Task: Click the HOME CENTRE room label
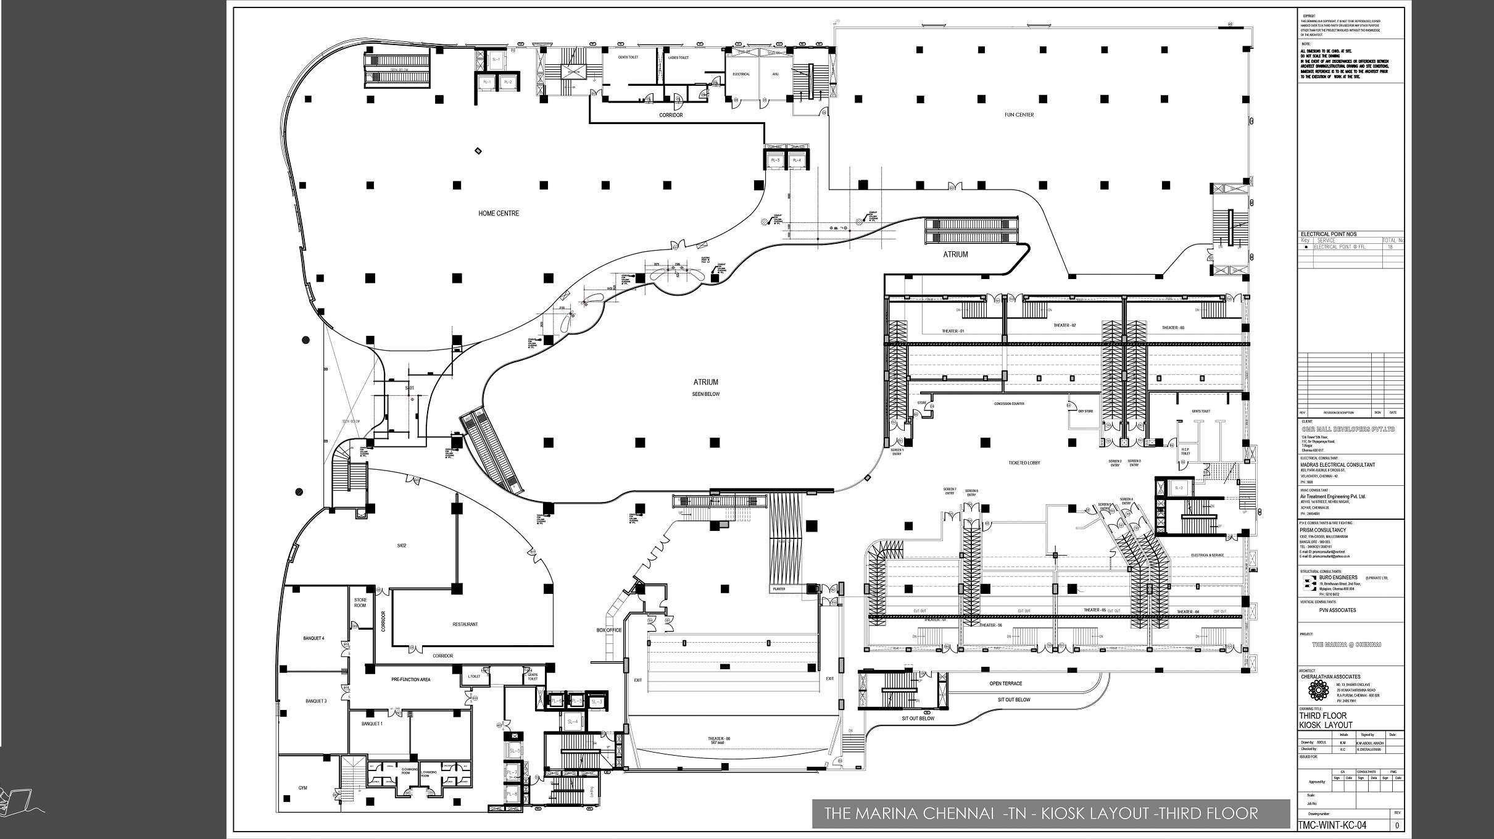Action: tap(499, 214)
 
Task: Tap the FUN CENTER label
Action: tap(1019, 115)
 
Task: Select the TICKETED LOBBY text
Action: tap(1024, 462)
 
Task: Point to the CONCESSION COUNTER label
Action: tap(1009, 404)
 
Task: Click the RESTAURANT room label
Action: tap(465, 624)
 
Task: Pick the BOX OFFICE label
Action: tap(609, 630)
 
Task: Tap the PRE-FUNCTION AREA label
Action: tap(410, 680)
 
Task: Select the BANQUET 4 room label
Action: tap(313, 638)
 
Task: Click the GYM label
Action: tap(302, 788)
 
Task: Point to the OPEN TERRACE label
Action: tap(1006, 683)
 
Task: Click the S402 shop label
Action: tap(401, 546)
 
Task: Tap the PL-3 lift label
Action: tap(774, 161)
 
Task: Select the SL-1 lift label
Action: tap(495, 59)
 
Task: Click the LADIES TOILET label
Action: tap(678, 57)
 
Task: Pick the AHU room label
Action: tap(776, 74)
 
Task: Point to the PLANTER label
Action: tap(778, 589)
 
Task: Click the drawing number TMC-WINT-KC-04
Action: tap(1332, 825)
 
